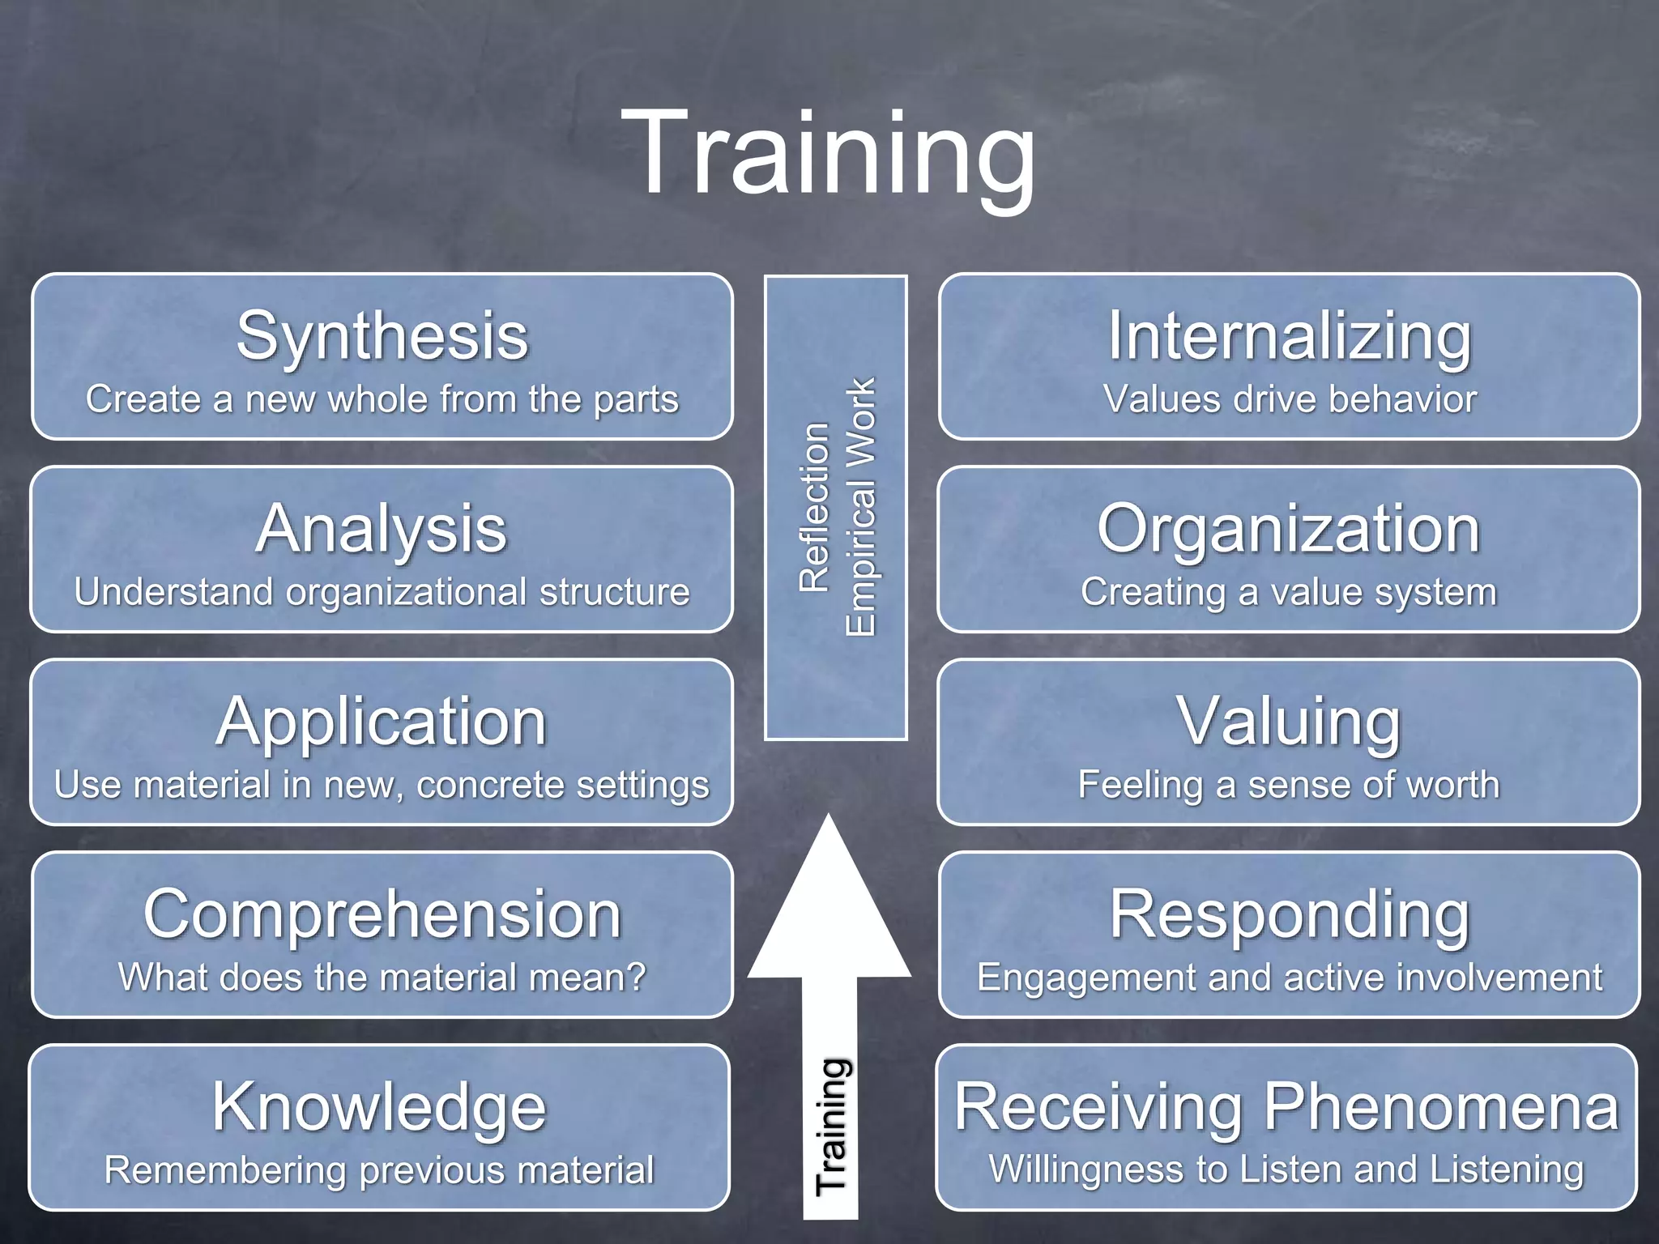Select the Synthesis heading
tap(382, 336)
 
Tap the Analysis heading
tap(382, 529)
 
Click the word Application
tap(382, 722)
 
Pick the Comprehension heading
tap(382, 914)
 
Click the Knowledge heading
tap(379, 1107)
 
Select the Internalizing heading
tap(1290, 336)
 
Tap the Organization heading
tap(1289, 529)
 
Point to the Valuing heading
tap(1289, 722)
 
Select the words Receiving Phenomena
tap(1286, 1107)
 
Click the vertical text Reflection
tap(814, 507)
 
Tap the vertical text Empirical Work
tap(860, 507)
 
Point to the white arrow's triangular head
tap(829, 915)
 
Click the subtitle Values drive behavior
tap(1290, 399)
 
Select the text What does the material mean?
tap(382, 978)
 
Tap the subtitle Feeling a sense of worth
tap(1289, 785)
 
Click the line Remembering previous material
tap(379, 1170)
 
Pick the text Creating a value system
tap(1289, 592)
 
